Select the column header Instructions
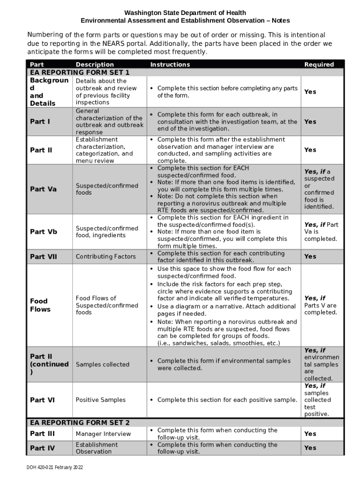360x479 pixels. [170, 65]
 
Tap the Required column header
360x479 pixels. [319, 65]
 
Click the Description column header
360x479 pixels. [94, 65]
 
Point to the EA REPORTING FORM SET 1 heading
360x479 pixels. [79, 73]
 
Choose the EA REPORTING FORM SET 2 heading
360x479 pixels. [79, 422]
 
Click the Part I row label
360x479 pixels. [40, 122]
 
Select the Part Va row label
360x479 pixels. [43, 189]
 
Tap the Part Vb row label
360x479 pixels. [43, 232]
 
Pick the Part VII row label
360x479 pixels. [43, 256]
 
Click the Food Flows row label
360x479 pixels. [39, 305]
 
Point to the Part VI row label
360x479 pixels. [42, 400]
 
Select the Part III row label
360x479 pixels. [42, 434]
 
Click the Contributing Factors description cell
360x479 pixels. [106, 256]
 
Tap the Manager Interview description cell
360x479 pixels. [103, 434]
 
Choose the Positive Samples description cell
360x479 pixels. [101, 400]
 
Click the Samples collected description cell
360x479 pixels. [102, 364]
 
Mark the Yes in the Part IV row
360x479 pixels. [310, 448]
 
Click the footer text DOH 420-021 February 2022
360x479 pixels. [55, 467]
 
